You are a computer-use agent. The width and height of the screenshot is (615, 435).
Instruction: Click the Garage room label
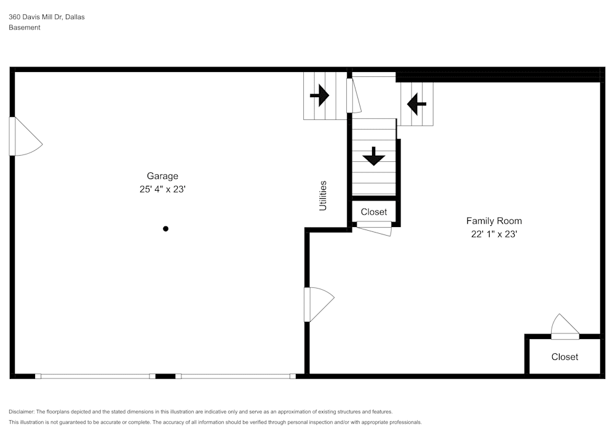[x=162, y=176]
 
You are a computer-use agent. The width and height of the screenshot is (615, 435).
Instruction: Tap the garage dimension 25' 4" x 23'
[x=162, y=190]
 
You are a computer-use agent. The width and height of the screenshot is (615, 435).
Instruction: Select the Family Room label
[x=494, y=221]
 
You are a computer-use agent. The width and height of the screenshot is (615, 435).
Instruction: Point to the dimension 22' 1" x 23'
[x=494, y=234]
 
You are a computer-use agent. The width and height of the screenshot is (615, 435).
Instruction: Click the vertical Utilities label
[x=323, y=196]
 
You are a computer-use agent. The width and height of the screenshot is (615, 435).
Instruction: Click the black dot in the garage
[x=165, y=229]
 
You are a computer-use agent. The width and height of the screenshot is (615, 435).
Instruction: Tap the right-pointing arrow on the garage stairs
[x=319, y=95]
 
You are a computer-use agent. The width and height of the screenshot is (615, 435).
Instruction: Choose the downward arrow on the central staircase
[x=373, y=157]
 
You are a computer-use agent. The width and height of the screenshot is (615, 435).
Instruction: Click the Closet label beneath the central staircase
[x=374, y=212]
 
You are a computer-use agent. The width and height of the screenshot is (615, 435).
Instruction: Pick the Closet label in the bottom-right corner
[x=565, y=357]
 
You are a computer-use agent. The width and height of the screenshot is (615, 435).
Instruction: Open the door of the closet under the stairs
[x=374, y=228]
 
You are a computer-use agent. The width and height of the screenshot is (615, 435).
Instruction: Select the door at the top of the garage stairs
[x=352, y=95]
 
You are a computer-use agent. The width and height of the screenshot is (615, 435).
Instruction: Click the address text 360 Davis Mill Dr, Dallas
[x=47, y=17]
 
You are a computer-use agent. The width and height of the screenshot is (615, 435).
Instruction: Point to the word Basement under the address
[x=25, y=28]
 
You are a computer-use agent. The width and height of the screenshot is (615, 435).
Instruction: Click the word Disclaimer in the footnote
[x=22, y=412]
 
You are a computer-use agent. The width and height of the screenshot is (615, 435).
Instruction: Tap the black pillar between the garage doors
[x=165, y=375]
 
